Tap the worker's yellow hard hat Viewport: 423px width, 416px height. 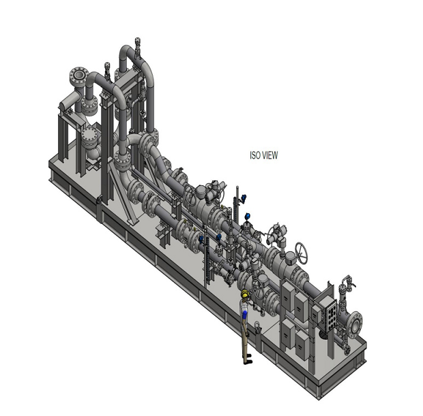245,293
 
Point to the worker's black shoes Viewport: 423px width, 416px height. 248,359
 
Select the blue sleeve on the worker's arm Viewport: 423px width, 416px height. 244,315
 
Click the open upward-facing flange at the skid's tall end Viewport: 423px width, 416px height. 79,75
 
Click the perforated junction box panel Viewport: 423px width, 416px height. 330,315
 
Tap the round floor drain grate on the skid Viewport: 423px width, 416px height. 323,334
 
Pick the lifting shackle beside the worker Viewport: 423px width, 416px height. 258,327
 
